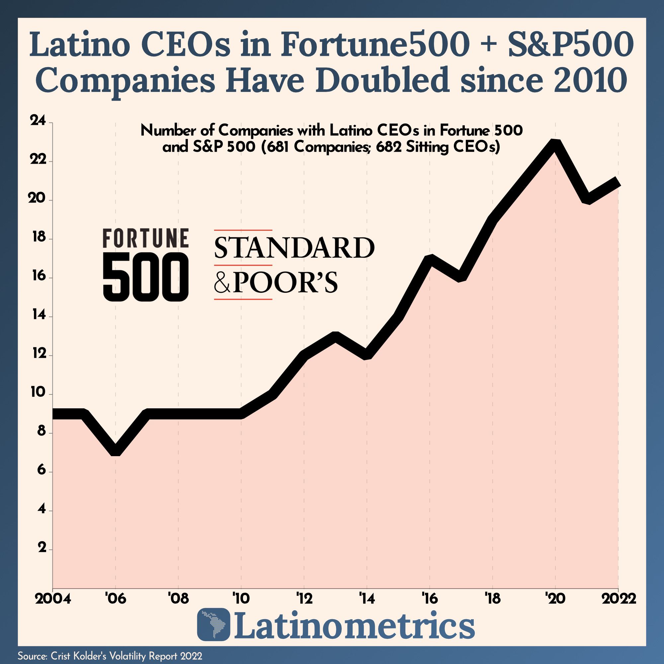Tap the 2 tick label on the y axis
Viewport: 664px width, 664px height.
pyautogui.click(x=42, y=548)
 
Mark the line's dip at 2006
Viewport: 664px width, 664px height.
pyautogui.click(x=116, y=451)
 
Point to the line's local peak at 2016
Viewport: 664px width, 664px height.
pyautogui.click(x=430, y=259)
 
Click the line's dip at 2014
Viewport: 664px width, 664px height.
pyautogui.click(x=367, y=355)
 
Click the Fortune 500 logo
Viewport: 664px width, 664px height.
pyautogui.click(x=145, y=264)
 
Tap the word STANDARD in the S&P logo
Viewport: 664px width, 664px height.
pyautogui.click(x=294, y=248)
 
